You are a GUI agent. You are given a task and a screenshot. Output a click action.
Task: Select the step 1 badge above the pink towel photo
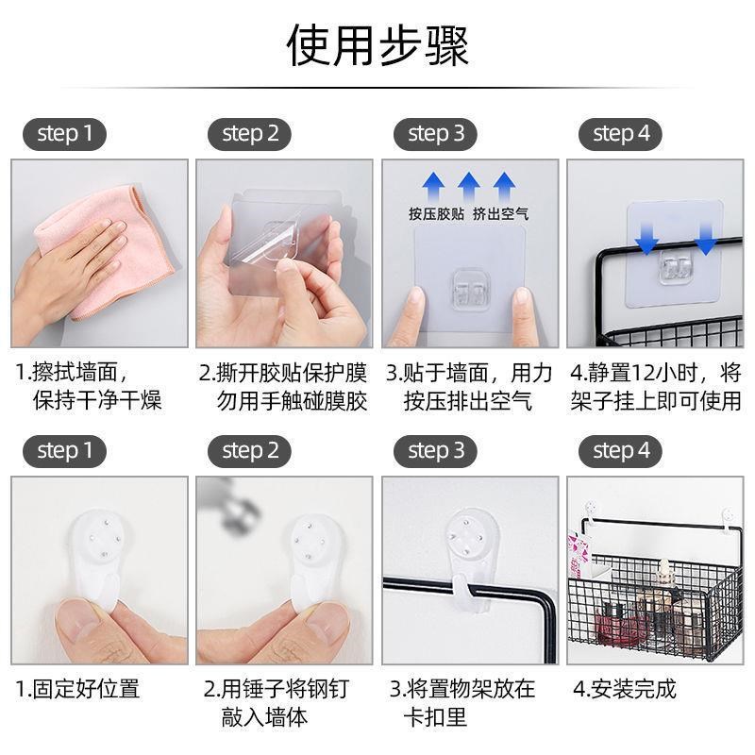point(64,133)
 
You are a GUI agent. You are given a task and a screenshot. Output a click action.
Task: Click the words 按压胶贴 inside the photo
point(436,214)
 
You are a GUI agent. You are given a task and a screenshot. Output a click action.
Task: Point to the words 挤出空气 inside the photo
point(500,214)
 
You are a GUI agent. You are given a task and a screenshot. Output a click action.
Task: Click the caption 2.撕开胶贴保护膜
point(282,372)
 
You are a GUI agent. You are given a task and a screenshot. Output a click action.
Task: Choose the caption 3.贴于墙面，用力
point(469,372)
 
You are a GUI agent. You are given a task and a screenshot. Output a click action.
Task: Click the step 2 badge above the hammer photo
point(250,451)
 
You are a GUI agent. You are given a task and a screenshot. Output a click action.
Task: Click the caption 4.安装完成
point(624,689)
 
